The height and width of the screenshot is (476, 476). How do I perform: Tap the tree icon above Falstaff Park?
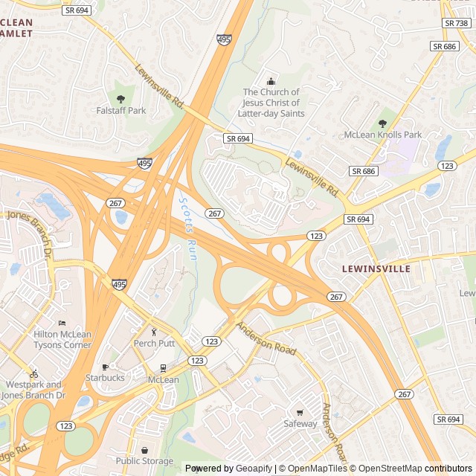(x=120, y=98)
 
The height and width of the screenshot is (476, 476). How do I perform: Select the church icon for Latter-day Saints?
(x=270, y=81)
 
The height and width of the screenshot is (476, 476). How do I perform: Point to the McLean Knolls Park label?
(x=382, y=135)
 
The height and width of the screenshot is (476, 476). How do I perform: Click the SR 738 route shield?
(x=456, y=24)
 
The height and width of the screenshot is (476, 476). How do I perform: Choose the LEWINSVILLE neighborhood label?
(x=376, y=268)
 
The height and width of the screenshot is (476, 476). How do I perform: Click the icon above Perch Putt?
(x=155, y=332)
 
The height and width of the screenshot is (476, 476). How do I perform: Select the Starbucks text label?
(x=105, y=378)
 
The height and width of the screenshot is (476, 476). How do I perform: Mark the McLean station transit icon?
(x=163, y=368)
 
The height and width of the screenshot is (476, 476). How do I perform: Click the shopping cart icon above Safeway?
(x=300, y=413)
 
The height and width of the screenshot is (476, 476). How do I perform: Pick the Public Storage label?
(x=144, y=461)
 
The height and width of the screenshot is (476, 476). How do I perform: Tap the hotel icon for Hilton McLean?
(x=62, y=323)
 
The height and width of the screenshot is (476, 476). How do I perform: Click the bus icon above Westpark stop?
(x=33, y=373)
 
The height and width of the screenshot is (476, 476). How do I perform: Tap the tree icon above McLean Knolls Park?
(x=382, y=123)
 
